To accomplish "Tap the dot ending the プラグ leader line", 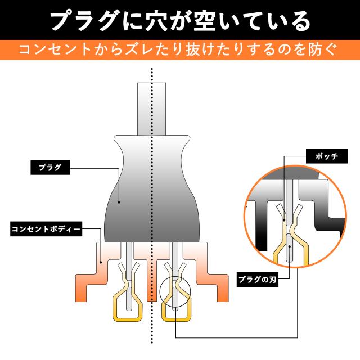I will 119,200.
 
